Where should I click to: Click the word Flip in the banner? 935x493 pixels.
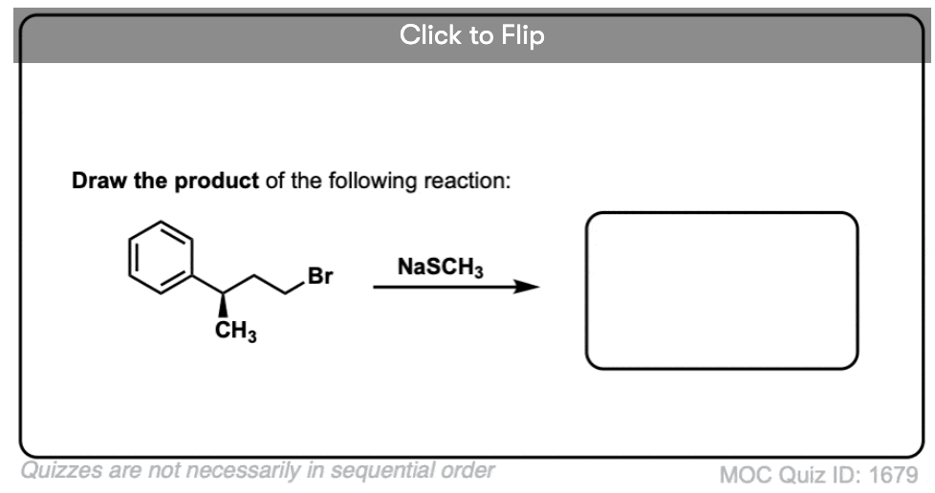522,35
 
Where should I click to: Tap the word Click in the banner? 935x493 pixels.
430,34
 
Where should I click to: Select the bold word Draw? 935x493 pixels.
99,180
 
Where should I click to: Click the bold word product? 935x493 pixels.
216,181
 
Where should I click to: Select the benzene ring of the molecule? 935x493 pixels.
161,258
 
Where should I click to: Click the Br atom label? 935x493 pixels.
320,276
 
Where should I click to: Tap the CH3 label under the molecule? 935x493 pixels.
236,332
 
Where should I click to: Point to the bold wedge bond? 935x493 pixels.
223,305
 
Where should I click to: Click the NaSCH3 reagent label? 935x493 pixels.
440,268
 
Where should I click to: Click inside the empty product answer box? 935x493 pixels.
722,290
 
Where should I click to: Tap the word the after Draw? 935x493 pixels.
150,180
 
